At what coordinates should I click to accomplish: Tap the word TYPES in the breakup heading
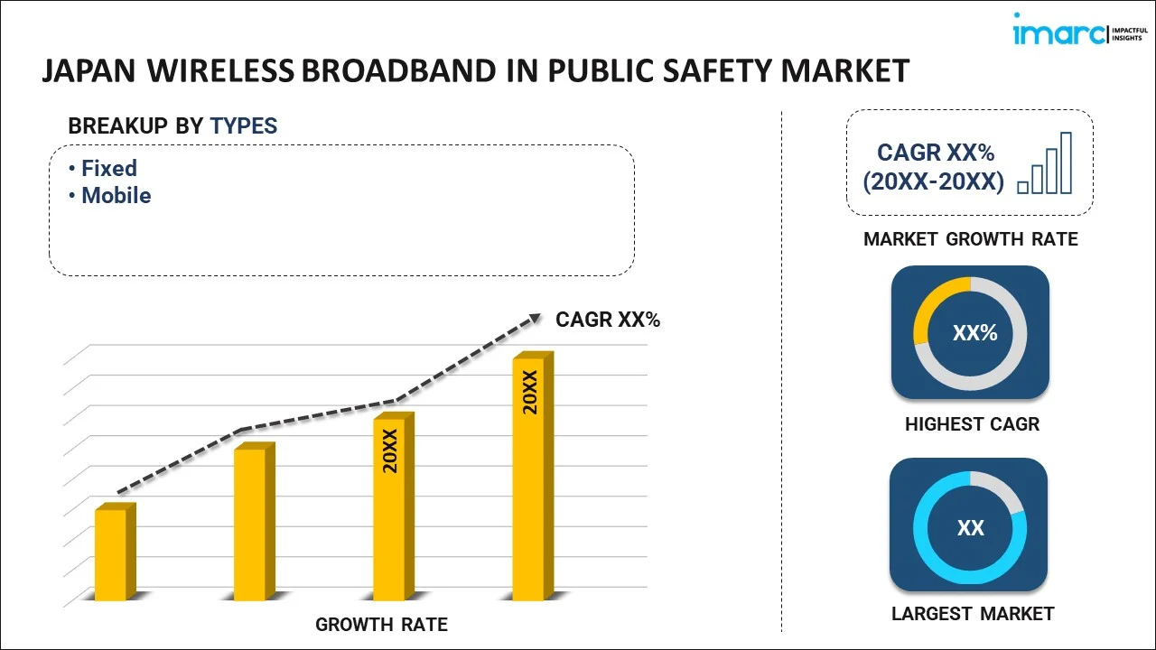(244, 126)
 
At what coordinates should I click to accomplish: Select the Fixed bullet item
(108, 168)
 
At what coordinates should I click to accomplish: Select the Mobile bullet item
(116, 195)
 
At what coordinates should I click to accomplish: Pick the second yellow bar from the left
(250, 524)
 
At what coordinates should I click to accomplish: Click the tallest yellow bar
(529, 478)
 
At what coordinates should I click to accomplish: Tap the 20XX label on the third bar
(390, 451)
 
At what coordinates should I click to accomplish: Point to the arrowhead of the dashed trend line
(535, 317)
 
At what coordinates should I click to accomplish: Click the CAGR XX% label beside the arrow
(608, 319)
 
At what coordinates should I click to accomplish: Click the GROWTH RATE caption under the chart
(381, 624)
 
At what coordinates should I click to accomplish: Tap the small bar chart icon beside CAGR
(1045, 164)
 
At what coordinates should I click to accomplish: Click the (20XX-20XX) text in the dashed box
(933, 181)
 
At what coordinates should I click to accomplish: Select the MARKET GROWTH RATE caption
(971, 239)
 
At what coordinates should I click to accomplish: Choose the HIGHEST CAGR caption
(972, 423)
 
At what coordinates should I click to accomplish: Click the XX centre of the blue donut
(970, 528)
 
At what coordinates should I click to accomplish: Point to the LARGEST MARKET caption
(973, 614)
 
